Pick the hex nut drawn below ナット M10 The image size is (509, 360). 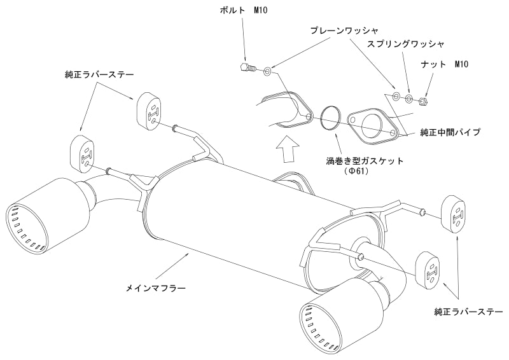(x=424, y=99)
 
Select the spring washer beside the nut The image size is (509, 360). (x=409, y=98)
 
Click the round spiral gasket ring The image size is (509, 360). (x=330, y=117)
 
